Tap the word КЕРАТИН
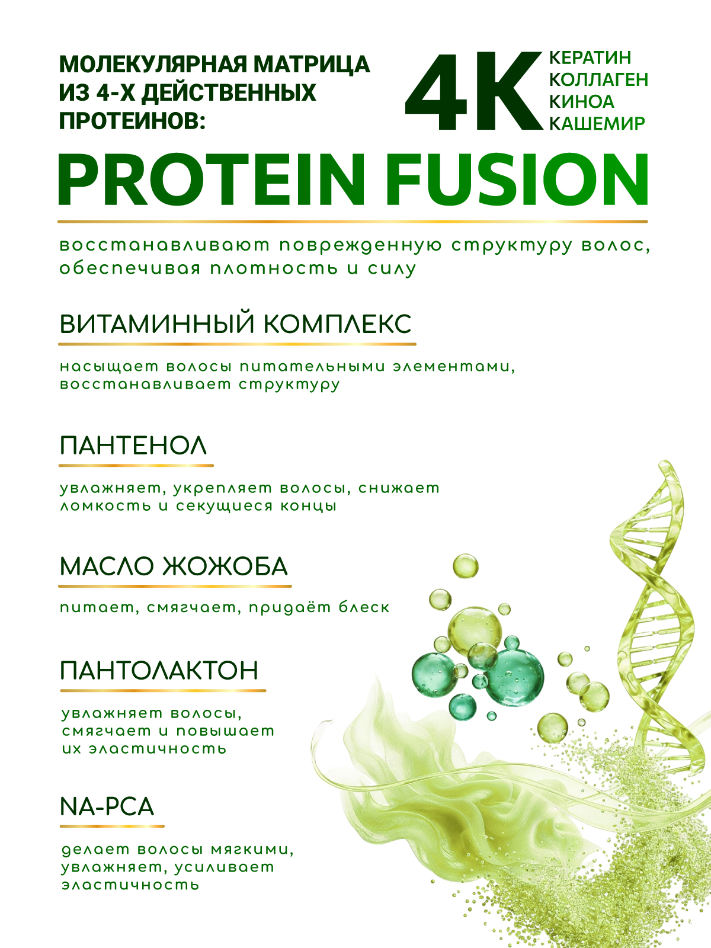point(590,57)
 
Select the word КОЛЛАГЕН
point(599,79)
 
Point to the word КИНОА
point(581,101)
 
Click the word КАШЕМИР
point(597,123)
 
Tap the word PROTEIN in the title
point(212,179)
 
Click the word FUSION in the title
point(517,179)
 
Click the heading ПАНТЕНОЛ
point(133,446)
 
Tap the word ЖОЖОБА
point(225,566)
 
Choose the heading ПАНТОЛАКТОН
point(159,670)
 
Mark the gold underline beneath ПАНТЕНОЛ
point(136,466)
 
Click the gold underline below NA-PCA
point(112,826)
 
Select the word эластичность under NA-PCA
point(130,885)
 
